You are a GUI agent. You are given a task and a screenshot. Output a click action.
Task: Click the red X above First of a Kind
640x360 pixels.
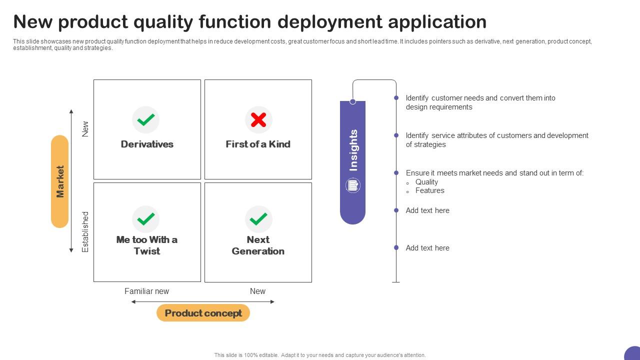click(x=258, y=120)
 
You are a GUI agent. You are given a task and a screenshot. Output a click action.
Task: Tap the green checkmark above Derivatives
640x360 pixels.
click(x=145, y=120)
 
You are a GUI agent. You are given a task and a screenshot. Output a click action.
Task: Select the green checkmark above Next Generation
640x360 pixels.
click(x=258, y=219)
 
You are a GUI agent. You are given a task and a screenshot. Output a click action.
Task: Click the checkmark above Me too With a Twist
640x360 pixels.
click(x=145, y=219)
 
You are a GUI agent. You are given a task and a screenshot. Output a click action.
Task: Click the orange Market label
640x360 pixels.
click(x=60, y=181)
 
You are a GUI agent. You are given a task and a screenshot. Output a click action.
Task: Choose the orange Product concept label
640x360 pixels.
click(x=203, y=313)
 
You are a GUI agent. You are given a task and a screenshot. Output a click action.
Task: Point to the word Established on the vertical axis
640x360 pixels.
click(x=85, y=231)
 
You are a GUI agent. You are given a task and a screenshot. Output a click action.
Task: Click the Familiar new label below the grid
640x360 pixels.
click(x=146, y=291)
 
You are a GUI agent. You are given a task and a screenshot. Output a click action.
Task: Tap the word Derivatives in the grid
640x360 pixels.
click(x=147, y=144)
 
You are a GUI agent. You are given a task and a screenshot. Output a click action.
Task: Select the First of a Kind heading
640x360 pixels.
click(x=258, y=144)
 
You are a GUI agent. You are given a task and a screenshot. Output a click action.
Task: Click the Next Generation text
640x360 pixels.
click(x=258, y=245)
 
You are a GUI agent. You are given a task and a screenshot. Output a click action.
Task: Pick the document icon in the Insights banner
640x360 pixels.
click(x=352, y=185)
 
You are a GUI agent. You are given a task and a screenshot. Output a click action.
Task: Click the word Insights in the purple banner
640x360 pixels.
click(x=353, y=150)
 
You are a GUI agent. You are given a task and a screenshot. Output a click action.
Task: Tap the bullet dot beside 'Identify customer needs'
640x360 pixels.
click(x=396, y=98)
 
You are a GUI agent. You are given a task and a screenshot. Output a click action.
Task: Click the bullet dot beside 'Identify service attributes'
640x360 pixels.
click(x=396, y=135)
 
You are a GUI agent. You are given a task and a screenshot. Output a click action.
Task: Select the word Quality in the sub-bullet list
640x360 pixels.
click(x=426, y=182)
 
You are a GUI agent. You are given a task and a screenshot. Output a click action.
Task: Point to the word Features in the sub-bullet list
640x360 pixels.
click(x=429, y=190)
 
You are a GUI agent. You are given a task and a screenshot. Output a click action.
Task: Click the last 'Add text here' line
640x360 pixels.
click(x=427, y=248)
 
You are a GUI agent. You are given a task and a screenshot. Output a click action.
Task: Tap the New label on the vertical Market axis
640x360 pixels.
click(x=85, y=129)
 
